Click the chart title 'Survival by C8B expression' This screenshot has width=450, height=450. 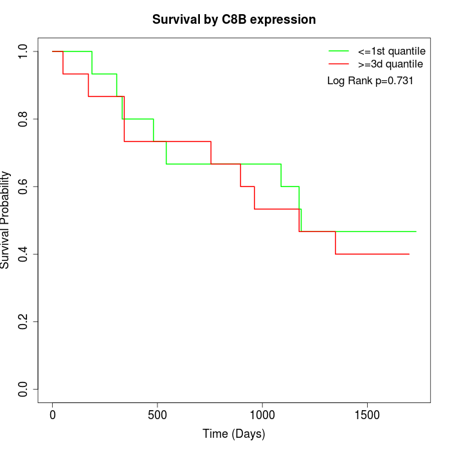point(234,20)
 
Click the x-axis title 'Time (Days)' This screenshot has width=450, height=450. point(233,434)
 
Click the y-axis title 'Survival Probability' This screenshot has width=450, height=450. point(6,220)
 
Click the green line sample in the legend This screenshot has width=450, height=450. point(339,51)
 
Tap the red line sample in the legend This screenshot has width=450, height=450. point(339,64)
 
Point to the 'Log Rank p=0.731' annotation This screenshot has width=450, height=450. point(370,81)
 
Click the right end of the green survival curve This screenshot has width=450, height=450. point(416,231)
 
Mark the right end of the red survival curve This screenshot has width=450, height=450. point(410,254)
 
